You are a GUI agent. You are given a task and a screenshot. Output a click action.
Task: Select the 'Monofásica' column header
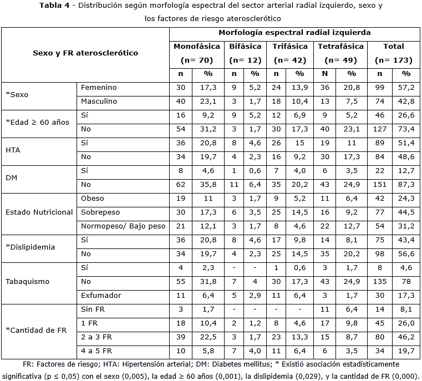tap(197, 47)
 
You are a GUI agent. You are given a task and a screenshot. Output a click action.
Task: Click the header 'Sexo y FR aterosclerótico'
tap(85, 53)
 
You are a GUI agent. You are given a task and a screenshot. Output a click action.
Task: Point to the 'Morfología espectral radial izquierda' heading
tap(294, 33)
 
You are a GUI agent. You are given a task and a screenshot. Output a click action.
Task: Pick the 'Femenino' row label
tap(99, 88)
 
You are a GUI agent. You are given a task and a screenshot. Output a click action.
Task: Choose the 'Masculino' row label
tap(99, 101)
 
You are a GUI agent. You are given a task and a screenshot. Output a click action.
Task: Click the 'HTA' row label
tap(13, 150)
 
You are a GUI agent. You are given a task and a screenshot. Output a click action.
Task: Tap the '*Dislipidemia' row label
tap(30, 247)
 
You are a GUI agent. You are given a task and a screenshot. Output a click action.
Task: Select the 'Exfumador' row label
tap(100, 296)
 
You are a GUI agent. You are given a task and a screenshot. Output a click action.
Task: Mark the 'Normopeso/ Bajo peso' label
tap(123, 226)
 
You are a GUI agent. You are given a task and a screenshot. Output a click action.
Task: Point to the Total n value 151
tap(379, 185)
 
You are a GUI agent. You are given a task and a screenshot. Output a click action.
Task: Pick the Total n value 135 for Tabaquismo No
tap(379, 282)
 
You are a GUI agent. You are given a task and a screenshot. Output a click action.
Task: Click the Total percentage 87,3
tap(406, 185)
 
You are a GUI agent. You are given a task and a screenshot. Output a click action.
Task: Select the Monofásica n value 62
tap(181, 185)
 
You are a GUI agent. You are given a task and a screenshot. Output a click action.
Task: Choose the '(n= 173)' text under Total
tap(393, 60)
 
